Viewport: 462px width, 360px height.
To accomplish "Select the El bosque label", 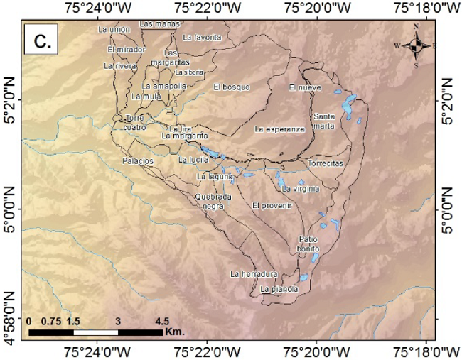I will point(232,87).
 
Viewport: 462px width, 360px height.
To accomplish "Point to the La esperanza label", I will point(279,129).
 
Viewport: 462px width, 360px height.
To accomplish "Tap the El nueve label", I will point(306,88).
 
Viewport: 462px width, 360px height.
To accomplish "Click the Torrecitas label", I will point(326,163).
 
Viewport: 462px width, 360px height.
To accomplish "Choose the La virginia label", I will point(301,189).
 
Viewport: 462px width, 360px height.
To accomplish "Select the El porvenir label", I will point(272,205).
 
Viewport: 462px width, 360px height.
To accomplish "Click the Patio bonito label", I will point(307,244).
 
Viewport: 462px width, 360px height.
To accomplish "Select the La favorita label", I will point(202,36).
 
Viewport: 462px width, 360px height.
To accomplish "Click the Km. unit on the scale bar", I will point(174,332).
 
